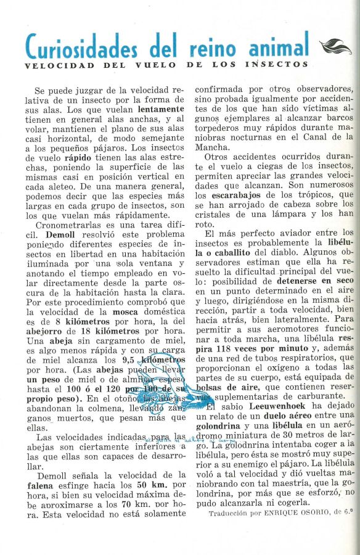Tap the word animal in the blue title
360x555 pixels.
point(279,46)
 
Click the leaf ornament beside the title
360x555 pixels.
point(335,46)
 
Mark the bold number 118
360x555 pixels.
point(239,348)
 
